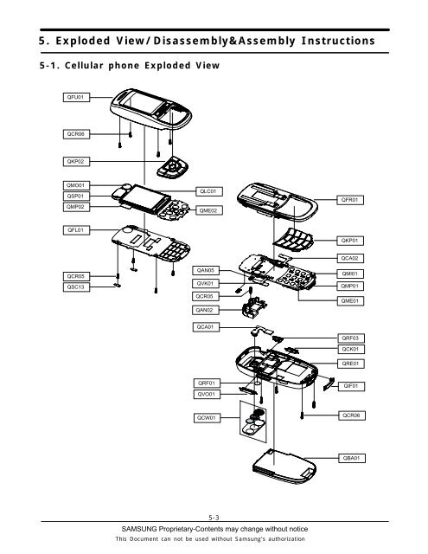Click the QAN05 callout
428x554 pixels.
pos(208,271)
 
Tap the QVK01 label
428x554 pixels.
pos(208,284)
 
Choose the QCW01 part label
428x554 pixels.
pos(208,418)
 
